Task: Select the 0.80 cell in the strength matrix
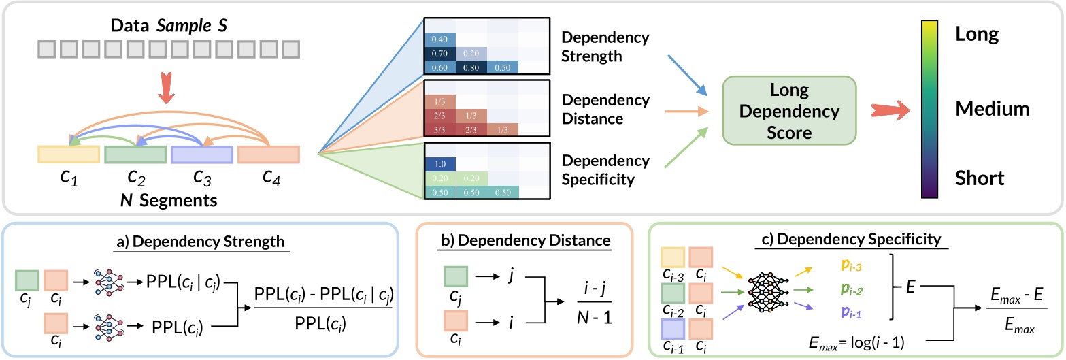tap(471, 67)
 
